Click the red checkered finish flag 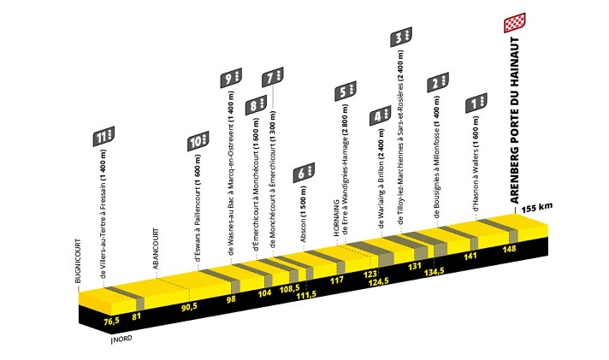tap(515, 23)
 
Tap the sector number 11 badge tap(103, 136)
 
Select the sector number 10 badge tap(198, 141)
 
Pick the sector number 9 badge tap(231, 78)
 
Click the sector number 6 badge tap(304, 173)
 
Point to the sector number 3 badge tap(401, 38)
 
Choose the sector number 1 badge tap(476, 103)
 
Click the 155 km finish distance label tap(537, 208)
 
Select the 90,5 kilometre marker tap(190, 306)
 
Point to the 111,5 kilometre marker tap(306, 294)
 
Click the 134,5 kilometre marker tap(434, 271)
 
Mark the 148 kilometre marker tap(509, 249)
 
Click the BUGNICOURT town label tap(78, 261)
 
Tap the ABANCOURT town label tap(156, 249)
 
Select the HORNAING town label tap(336, 218)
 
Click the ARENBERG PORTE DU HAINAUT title tap(515, 121)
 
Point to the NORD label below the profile tap(123, 339)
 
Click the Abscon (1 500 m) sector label tap(304, 215)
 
